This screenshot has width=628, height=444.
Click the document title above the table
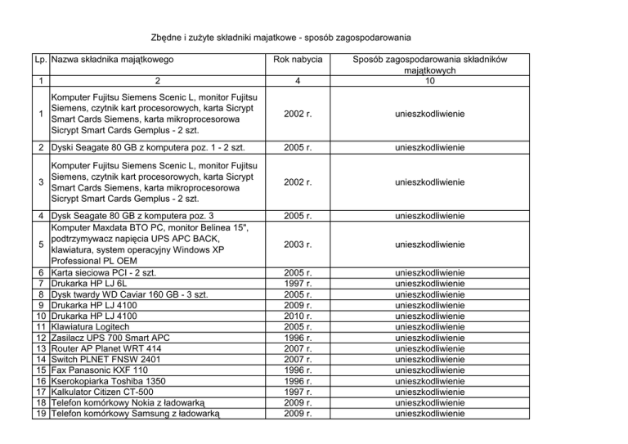point(281,38)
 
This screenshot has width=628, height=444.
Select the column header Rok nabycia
point(299,60)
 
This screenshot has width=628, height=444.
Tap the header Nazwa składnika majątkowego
point(112,60)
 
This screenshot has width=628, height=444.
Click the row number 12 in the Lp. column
point(41,337)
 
